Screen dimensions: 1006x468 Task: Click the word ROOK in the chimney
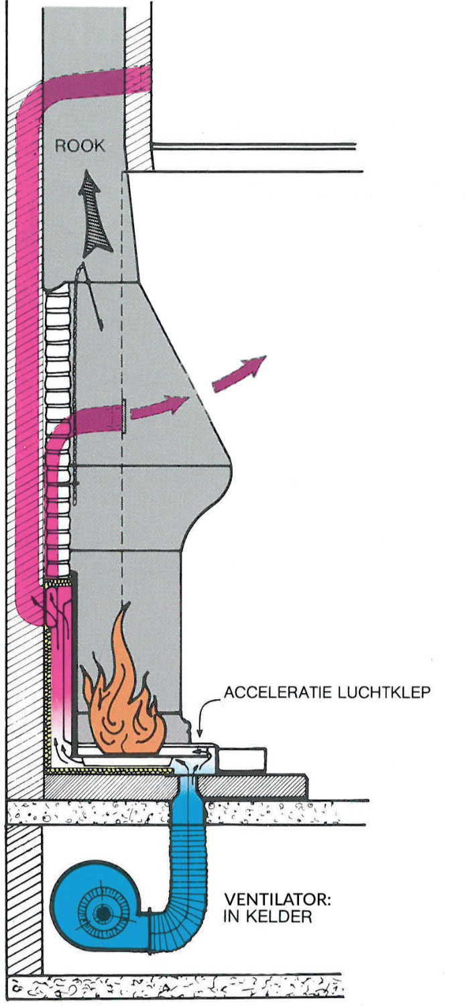(x=80, y=146)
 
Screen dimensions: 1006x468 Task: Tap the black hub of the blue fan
(x=102, y=913)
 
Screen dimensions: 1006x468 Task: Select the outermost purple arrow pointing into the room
(x=239, y=373)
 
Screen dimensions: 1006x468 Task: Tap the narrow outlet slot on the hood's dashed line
(x=125, y=416)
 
